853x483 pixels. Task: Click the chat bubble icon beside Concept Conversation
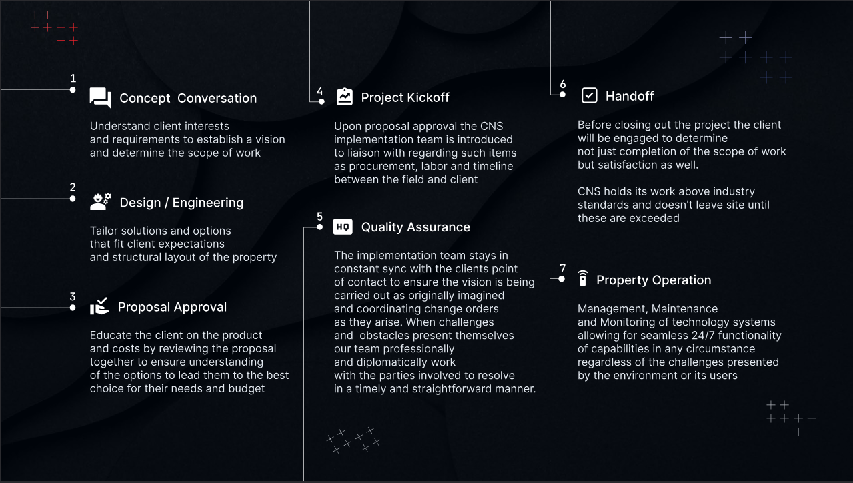[101, 98]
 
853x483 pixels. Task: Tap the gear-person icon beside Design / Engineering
[101, 202]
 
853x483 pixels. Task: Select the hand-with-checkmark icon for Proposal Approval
[99, 306]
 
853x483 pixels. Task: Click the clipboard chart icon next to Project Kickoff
[344, 97]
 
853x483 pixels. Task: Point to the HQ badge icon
[343, 227]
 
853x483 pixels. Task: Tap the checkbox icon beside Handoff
[589, 95]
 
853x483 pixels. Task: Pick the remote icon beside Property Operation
[583, 278]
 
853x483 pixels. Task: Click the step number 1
[73, 79]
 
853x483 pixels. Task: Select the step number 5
[319, 217]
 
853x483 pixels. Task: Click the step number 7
[562, 268]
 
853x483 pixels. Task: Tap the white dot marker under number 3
[73, 308]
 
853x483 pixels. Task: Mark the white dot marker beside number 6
[562, 95]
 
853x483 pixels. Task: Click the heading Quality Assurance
[415, 227]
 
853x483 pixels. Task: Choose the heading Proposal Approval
[172, 307]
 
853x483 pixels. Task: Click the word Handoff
[630, 96]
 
